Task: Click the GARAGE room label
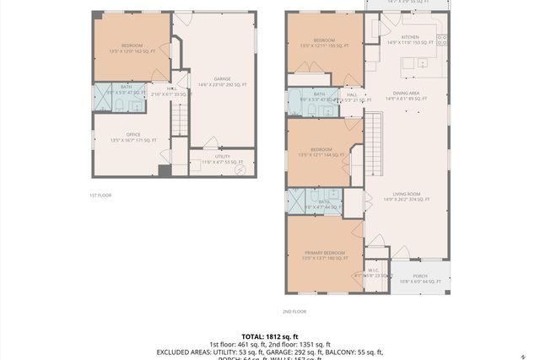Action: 222,79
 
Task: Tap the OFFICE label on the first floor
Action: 133,134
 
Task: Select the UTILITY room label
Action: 223,157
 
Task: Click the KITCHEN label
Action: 410,37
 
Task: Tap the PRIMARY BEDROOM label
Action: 325,252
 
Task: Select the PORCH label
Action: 419,276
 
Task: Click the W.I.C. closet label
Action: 373,271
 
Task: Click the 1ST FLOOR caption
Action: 100,195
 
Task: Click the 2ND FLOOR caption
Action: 294,311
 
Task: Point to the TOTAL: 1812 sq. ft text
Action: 269,336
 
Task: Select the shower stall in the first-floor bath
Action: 101,100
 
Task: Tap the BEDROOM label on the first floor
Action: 132,45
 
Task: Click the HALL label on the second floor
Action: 353,94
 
